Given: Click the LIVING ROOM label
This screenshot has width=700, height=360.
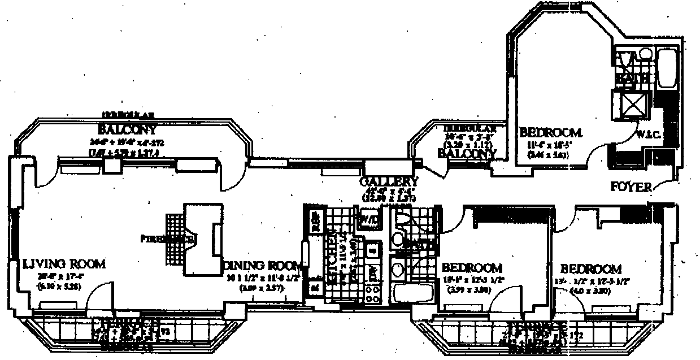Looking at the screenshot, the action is [x=64, y=263].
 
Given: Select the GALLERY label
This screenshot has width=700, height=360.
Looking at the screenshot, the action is [x=390, y=182].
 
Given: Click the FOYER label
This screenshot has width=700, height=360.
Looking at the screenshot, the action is [x=632, y=187].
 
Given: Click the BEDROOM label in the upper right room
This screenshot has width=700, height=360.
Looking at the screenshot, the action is [x=550, y=133].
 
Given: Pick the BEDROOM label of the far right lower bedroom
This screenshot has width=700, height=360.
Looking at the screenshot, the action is [x=591, y=269].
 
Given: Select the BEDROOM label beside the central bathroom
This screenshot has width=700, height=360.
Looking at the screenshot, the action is [x=472, y=267].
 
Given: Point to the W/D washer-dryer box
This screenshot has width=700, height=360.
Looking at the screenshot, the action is [x=369, y=218].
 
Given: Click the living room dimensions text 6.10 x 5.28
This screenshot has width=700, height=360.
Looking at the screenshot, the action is [x=56, y=287].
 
